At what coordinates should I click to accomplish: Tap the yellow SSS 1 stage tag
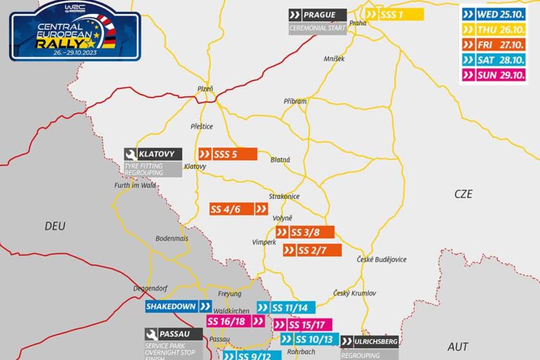[x=394, y=15]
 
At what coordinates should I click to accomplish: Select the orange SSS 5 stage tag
[x=228, y=155]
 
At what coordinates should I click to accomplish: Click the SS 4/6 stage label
[x=238, y=209]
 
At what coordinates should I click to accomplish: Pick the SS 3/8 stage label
[x=304, y=233]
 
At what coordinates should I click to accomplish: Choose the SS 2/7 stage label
[x=312, y=250]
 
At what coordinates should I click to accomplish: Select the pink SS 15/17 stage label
[x=302, y=325]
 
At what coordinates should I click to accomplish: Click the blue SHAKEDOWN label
[x=178, y=307]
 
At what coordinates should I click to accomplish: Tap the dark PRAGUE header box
[x=317, y=15]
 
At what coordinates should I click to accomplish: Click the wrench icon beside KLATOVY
[x=131, y=154]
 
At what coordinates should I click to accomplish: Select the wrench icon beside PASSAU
[x=152, y=335]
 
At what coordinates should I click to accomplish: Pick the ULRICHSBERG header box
[x=370, y=341]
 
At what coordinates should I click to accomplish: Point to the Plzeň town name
[x=205, y=89]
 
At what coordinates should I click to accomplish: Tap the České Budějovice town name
[x=381, y=260]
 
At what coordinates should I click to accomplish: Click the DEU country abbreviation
[x=54, y=226]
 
